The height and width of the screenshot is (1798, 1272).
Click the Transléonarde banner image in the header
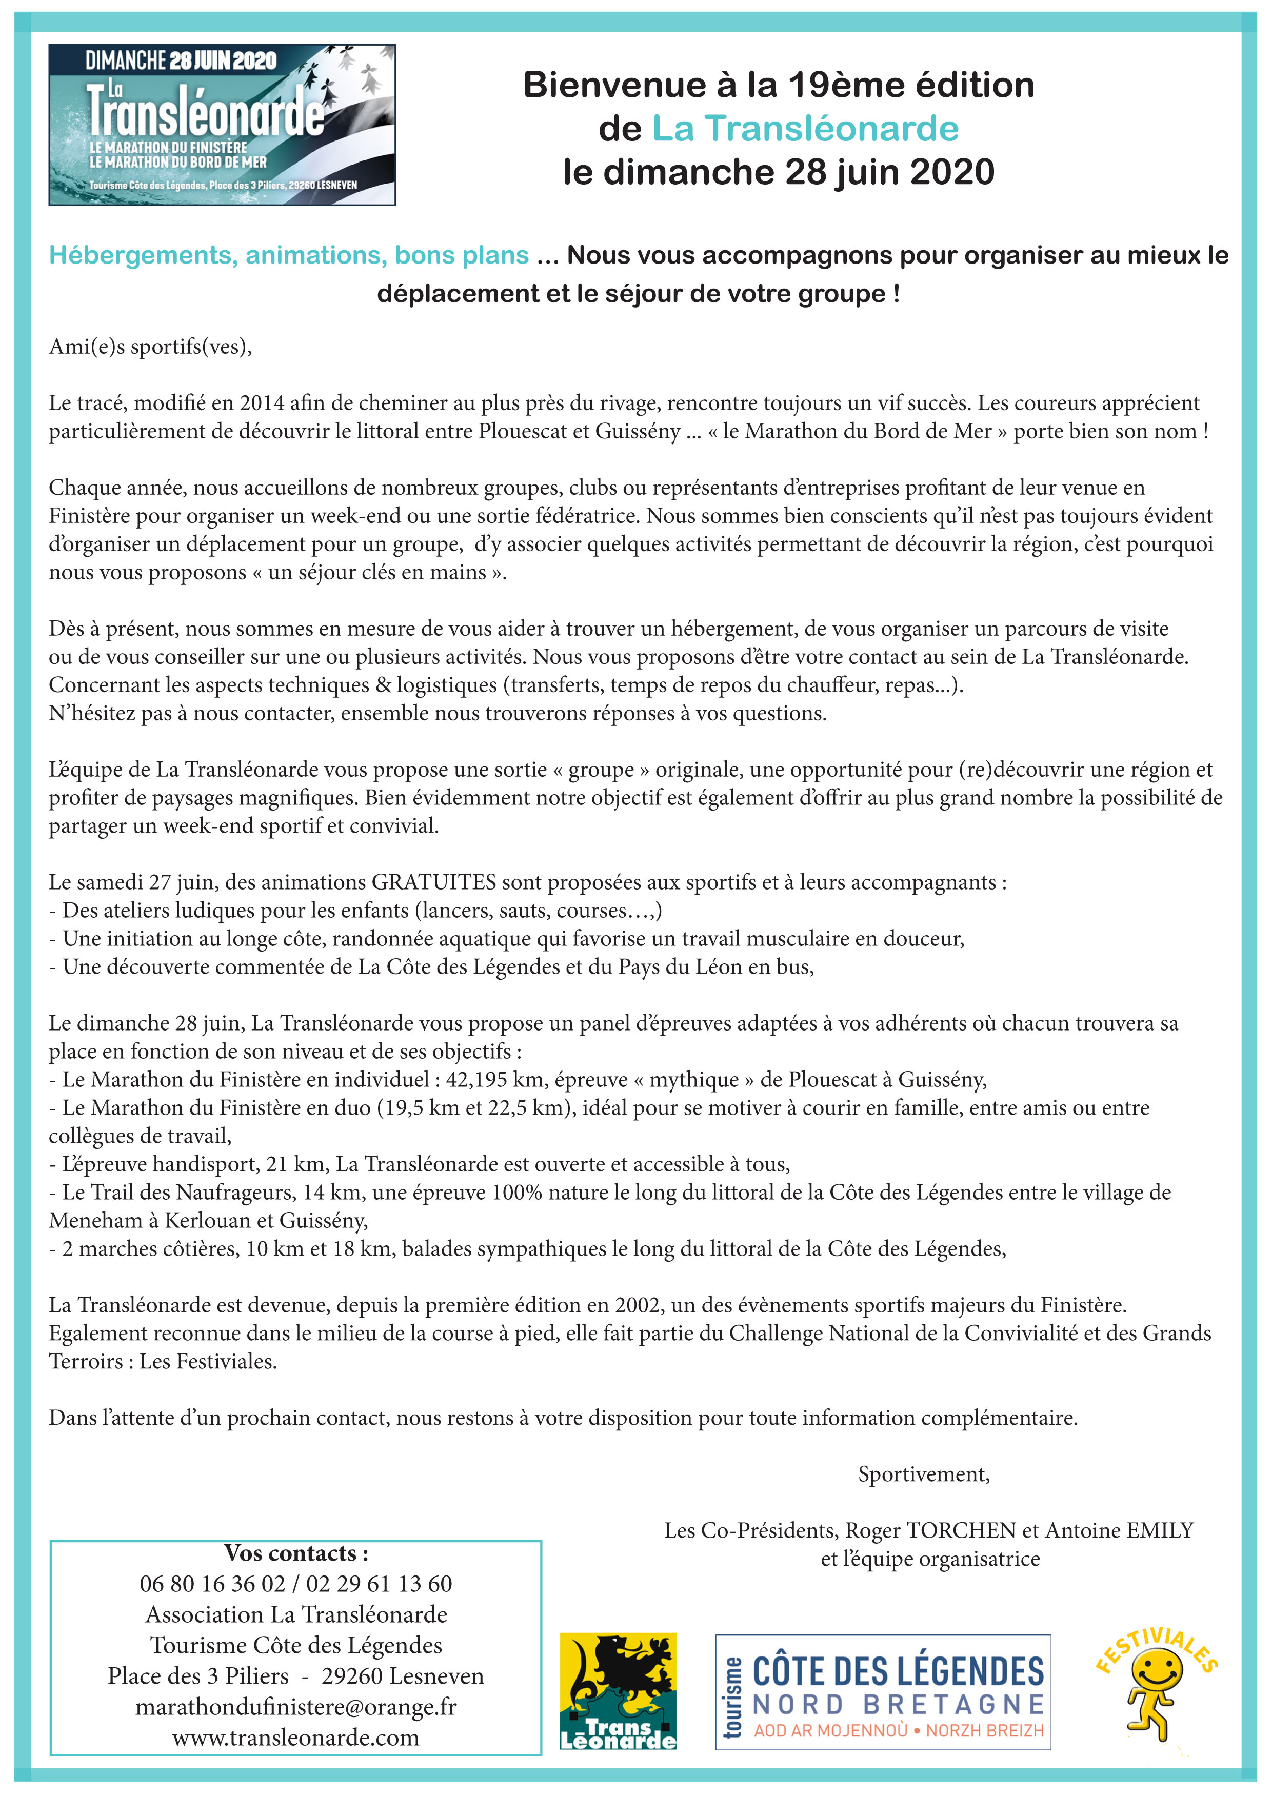222,125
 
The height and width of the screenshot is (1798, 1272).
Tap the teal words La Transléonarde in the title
805,128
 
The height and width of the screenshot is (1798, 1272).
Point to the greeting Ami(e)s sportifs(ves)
150,346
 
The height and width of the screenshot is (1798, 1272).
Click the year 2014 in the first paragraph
262,402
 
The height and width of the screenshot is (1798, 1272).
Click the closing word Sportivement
923,1474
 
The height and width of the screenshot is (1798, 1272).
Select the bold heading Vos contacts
296,1553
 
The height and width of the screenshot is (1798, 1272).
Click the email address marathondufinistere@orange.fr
296,1706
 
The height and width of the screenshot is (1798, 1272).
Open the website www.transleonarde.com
296,1738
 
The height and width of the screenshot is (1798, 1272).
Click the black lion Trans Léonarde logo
618,1690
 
